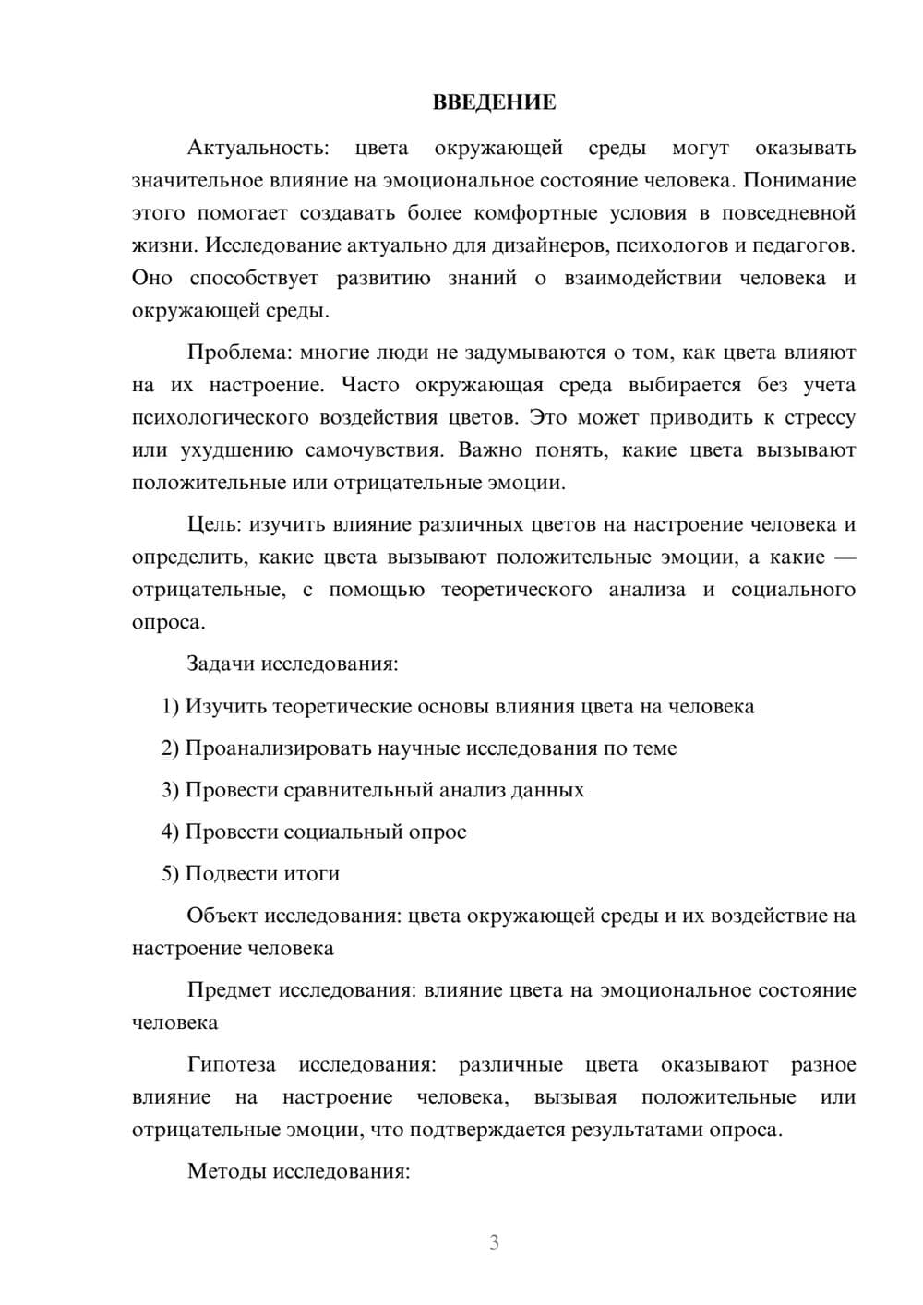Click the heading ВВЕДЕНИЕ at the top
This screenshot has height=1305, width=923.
[x=494, y=102]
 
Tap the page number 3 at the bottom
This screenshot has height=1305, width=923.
[x=494, y=1242]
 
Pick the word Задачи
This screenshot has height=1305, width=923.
[x=222, y=664]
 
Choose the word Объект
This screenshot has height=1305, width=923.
[x=222, y=916]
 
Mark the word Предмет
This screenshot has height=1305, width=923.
[x=230, y=990]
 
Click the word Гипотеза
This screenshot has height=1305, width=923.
[x=232, y=1065]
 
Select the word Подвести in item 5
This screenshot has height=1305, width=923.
[x=225, y=874]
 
